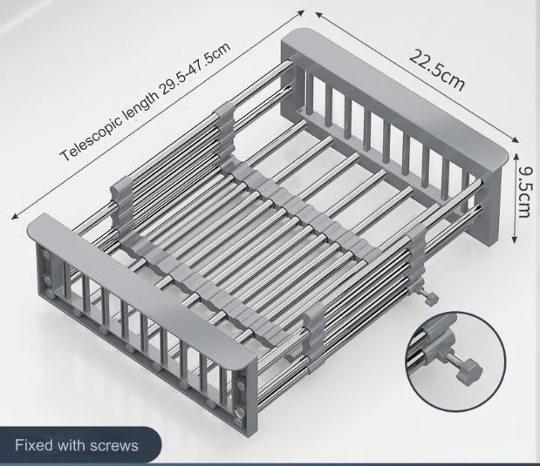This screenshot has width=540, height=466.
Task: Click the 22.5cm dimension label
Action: tap(437, 71)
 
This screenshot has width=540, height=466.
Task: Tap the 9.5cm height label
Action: tap(526, 192)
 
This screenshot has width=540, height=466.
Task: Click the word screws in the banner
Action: tap(113, 445)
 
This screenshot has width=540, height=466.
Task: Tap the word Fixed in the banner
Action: tap(34, 445)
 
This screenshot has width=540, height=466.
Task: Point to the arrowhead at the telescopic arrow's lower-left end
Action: tap(14, 216)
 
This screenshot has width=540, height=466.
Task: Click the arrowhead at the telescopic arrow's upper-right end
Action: tap(302, 13)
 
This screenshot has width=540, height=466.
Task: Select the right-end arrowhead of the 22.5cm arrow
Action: tap(516, 139)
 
